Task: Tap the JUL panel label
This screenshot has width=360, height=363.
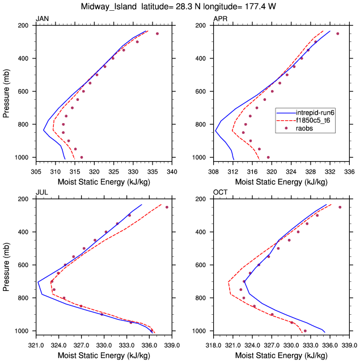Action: click(41, 193)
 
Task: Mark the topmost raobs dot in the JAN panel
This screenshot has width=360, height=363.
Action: click(157, 34)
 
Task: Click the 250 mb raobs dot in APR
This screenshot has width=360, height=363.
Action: click(337, 34)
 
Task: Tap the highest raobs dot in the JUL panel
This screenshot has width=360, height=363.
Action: click(167, 207)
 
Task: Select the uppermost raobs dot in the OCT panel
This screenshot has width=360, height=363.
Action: click(340, 207)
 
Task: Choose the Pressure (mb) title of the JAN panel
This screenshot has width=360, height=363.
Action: click(6, 91)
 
